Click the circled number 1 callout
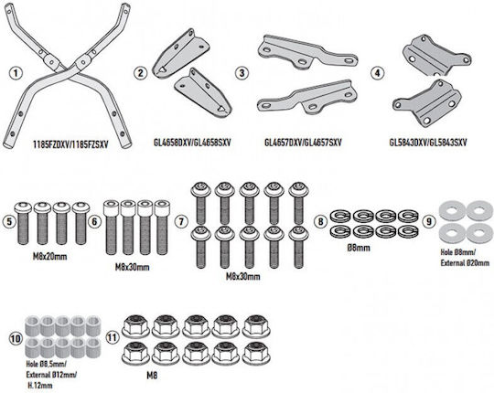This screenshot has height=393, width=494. coord(16,73)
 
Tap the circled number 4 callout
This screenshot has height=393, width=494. coord(377,73)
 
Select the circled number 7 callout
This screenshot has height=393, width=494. coord(181,221)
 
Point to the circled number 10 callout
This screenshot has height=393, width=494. coord(16,339)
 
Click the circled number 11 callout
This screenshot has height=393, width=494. coord(113,337)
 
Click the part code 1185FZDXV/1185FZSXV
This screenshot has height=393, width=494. coord(70,144)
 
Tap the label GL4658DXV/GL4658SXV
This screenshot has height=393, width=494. coord(192,143)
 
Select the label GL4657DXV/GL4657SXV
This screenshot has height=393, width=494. coord(303,143)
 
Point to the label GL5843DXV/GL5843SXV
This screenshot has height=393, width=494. coord(428,143)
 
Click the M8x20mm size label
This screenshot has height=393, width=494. coord(49,257)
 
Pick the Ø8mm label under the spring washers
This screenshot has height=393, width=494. coord(359,248)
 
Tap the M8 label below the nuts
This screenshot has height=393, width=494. coord(152,376)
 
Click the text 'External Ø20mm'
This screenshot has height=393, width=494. coord(465,262)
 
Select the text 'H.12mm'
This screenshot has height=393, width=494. coord(39,385)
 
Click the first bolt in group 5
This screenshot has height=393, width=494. coord(23,223)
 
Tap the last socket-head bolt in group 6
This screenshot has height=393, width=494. coord(162,227)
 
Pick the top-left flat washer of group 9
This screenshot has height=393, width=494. coord(452,210)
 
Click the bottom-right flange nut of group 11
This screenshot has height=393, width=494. coord(256,354)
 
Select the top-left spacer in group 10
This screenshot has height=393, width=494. coord(32,325)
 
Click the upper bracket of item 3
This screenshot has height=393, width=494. coord(307,52)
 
